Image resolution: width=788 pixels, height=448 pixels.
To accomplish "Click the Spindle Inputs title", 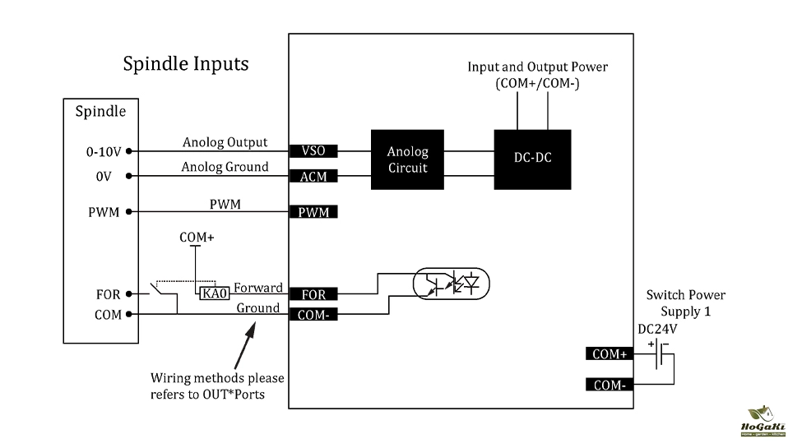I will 186,64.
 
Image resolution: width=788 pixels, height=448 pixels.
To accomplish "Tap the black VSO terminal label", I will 313,151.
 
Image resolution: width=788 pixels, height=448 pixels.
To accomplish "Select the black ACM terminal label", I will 313,176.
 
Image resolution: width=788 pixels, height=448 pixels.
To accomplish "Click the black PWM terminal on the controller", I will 313,212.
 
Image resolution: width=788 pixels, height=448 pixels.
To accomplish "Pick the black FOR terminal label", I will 313,293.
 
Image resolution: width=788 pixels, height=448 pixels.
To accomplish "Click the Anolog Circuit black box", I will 407,160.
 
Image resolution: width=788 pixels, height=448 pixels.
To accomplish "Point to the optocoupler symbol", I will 451,284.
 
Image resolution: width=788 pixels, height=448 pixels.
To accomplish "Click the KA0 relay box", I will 214,293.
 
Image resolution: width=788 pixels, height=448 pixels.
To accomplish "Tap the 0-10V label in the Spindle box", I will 104,152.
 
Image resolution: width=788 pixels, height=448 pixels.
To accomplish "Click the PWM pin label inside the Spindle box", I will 104,212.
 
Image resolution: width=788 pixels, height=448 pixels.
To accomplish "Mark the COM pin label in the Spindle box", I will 108,315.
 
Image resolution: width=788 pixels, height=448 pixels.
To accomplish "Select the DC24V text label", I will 657,329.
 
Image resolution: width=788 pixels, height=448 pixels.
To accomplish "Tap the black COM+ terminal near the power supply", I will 610,354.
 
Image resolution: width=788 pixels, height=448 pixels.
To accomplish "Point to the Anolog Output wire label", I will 225,143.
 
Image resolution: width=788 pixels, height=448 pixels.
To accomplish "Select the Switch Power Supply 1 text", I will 685,303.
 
